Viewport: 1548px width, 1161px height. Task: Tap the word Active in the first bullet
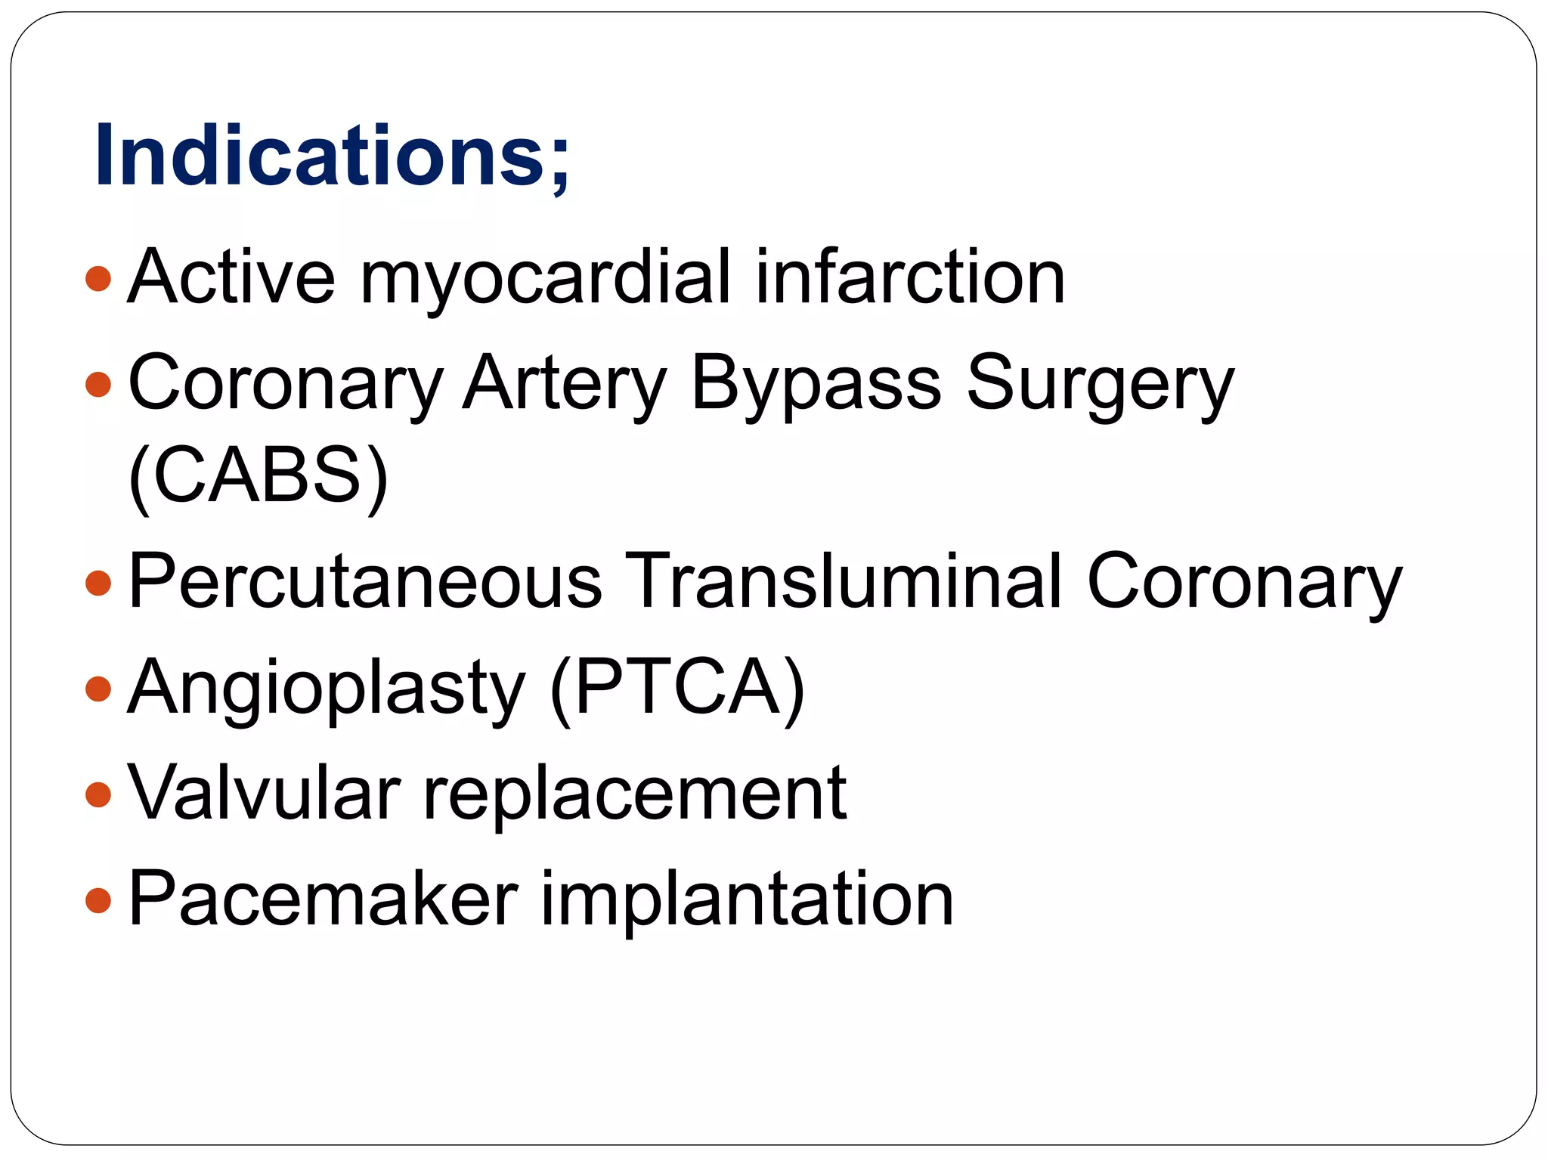pyautogui.click(x=231, y=277)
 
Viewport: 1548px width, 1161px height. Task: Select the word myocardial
pyautogui.click(x=546, y=277)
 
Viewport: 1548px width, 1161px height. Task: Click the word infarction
pyautogui.click(x=910, y=277)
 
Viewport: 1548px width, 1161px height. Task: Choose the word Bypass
pyautogui.click(x=816, y=384)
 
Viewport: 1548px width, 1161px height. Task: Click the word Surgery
pyautogui.click(x=1100, y=384)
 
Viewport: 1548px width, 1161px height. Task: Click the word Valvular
pyautogui.click(x=264, y=793)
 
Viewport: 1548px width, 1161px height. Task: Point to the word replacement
pyautogui.click(x=634, y=793)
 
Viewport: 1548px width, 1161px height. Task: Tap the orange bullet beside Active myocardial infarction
pyautogui.click(x=99, y=279)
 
